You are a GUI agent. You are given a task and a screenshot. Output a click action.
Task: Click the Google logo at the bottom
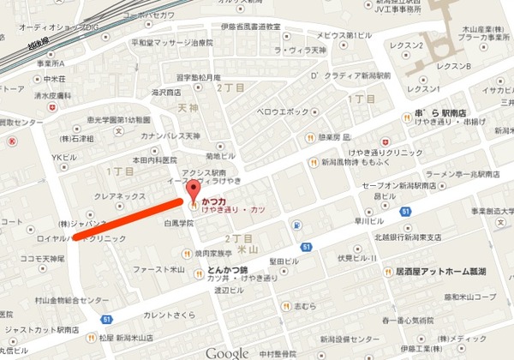(x=227, y=352)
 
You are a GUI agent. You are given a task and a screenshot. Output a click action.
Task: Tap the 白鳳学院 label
(x=181, y=222)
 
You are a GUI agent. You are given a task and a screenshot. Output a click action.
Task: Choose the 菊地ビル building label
(x=220, y=156)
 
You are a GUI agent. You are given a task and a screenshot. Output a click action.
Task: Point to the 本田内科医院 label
(x=152, y=160)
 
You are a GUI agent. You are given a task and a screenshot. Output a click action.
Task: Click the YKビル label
(x=64, y=157)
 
